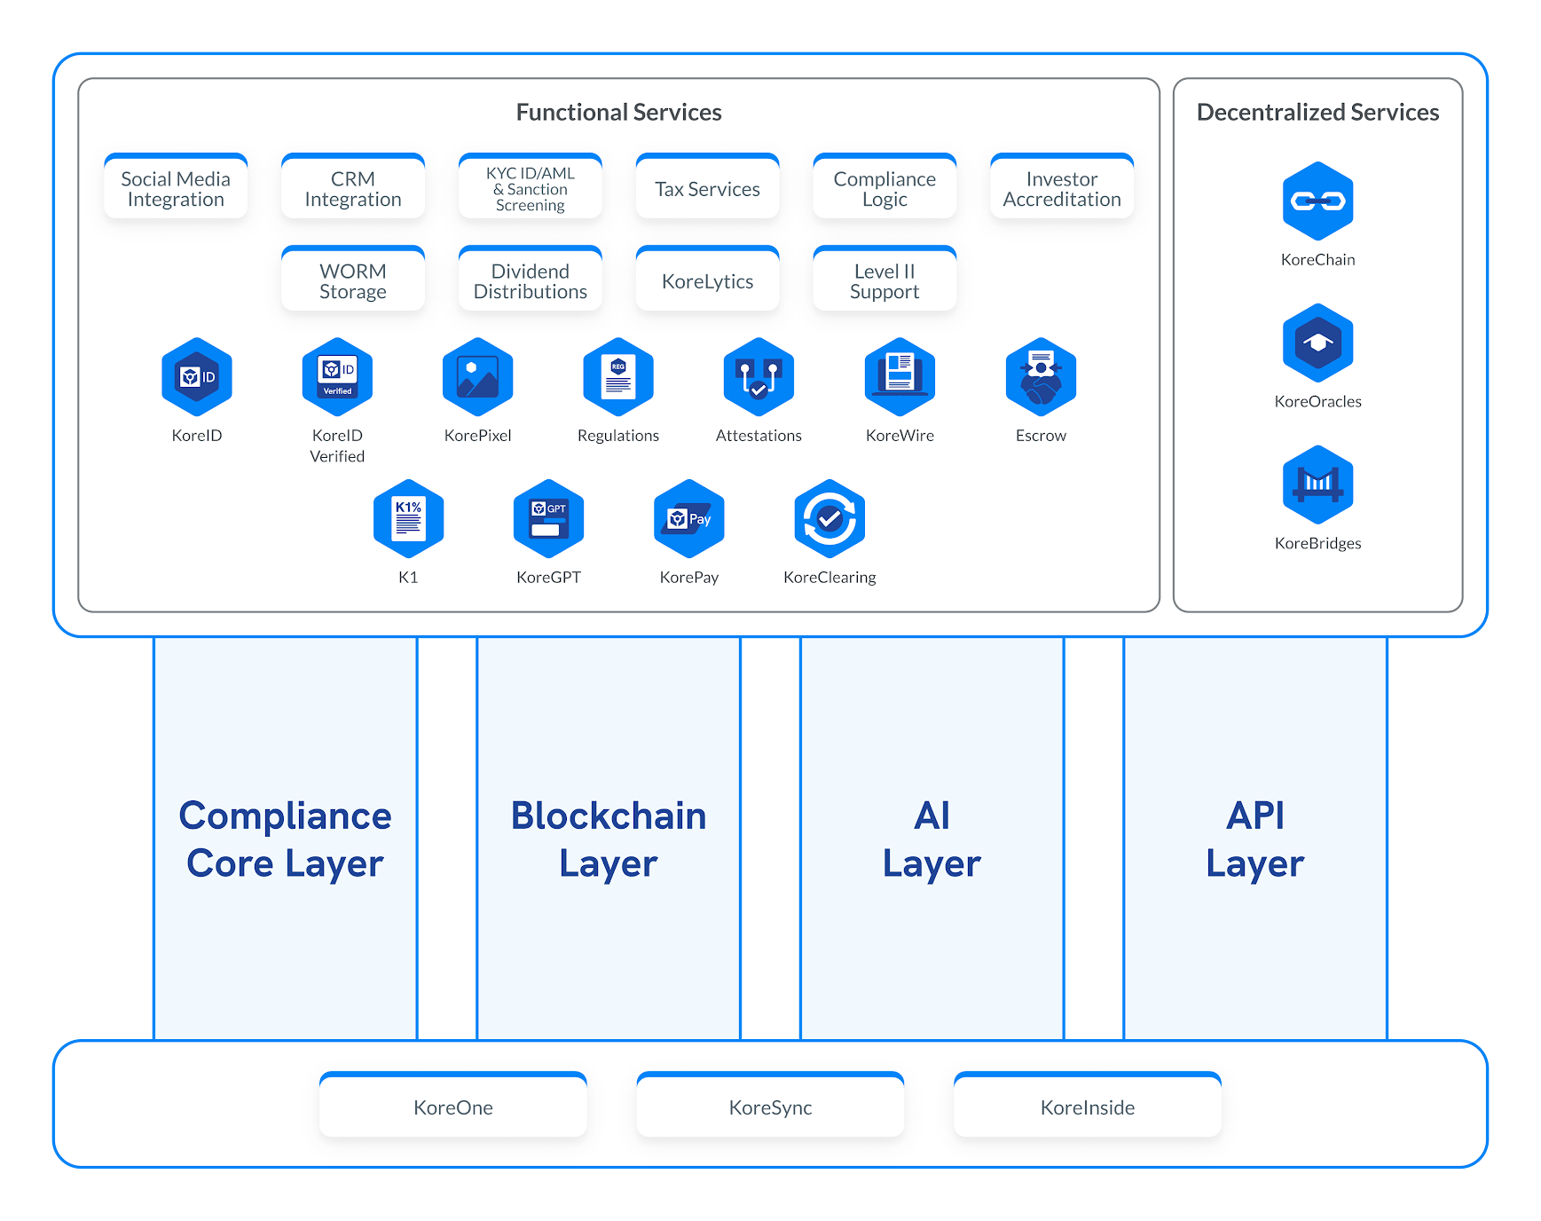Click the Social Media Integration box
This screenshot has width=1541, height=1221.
click(176, 189)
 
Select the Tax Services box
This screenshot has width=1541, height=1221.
click(707, 189)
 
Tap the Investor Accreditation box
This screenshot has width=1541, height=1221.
click(1061, 189)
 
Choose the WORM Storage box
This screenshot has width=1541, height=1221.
click(352, 281)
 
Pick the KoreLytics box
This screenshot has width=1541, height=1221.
click(707, 281)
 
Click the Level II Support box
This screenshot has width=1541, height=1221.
click(885, 281)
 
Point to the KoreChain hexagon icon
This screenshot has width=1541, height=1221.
click(1317, 201)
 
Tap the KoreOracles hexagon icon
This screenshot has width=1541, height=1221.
click(1317, 343)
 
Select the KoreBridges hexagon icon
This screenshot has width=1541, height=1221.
click(1317, 484)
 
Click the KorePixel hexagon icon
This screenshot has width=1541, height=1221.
click(477, 377)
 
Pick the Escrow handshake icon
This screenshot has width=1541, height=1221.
click(1041, 377)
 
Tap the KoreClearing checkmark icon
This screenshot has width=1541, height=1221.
click(829, 519)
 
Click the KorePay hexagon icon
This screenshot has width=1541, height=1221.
click(689, 519)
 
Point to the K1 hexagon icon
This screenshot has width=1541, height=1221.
click(408, 519)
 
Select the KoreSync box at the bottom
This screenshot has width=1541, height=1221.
click(770, 1107)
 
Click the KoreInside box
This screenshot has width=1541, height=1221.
click(1087, 1107)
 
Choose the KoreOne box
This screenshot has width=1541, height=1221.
click(452, 1107)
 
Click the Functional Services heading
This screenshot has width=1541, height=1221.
click(618, 113)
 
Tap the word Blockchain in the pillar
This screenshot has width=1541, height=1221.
click(609, 815)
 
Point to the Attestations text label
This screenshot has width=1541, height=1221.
click(759, 436)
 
